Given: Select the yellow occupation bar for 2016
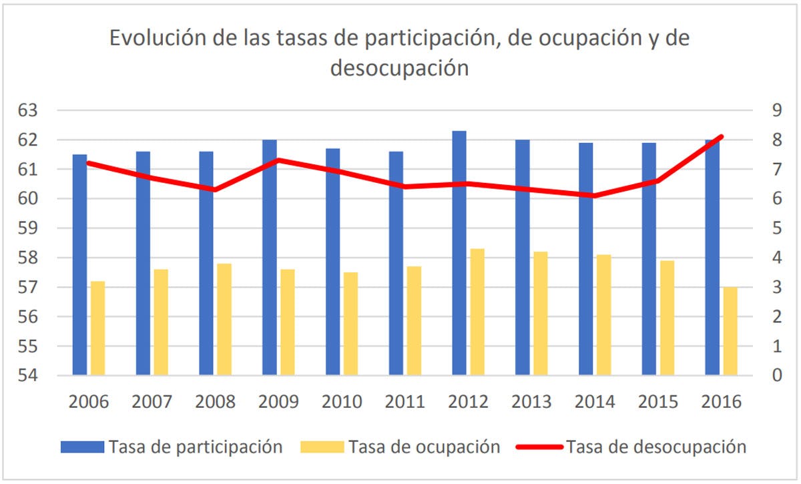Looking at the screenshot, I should pos(730,331).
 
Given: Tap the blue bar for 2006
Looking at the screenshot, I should pos(80,264).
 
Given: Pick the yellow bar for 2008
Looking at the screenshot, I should pos(224,319).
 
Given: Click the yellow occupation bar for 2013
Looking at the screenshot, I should pos(541,313).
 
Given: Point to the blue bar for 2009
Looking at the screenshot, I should pos(270,257).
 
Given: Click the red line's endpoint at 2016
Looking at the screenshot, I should pos(722,137).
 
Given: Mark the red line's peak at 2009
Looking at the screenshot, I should pos(278,160).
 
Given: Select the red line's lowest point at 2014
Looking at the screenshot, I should pos(595,196).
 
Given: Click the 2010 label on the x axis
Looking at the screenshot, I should pos(342,402).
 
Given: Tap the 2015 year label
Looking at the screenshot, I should pos(658,402).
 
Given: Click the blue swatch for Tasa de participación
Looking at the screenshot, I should pos(82,447).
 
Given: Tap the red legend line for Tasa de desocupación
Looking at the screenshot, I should pos(537,447).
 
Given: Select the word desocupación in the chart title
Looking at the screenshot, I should pos(399,68).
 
